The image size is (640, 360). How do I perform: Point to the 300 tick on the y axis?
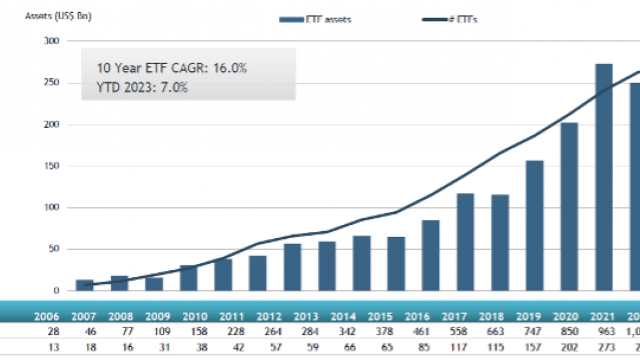(x=50, y=41)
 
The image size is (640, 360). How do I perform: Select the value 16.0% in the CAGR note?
(x=226, y=67)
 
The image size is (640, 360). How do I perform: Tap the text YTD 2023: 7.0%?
(x=143, y=87)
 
